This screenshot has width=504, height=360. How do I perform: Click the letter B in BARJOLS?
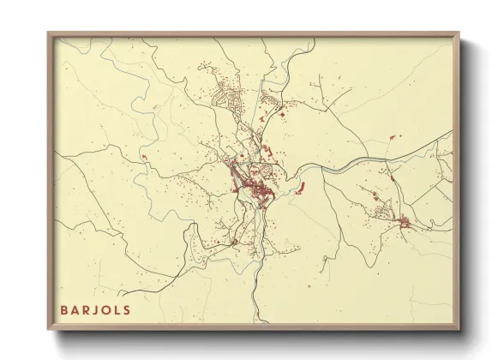click(64, 309)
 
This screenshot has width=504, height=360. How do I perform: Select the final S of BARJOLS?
click(128, 309)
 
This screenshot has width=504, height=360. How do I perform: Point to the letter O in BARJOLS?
click(107, 309)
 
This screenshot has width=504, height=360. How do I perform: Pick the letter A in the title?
click(75, 309)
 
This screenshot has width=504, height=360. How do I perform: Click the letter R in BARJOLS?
click(87, 309)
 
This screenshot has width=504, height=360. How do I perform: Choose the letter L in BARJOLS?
click(118, 309)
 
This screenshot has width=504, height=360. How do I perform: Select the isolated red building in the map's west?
click(144, 157)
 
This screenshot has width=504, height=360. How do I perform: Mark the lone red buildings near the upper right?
click(393, 136)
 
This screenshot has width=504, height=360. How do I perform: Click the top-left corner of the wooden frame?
click(48, 33)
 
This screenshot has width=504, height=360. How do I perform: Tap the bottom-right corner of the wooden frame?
click(459, 330)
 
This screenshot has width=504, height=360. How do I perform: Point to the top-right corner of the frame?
click(459, 33)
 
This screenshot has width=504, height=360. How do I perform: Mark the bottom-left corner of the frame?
click(48, 330)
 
